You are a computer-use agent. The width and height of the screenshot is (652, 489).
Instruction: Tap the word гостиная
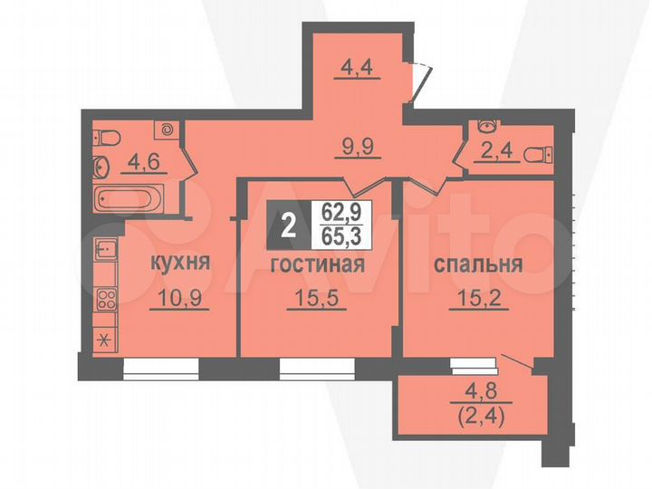(x=317, y=265)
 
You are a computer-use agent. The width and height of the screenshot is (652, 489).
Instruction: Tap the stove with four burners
(x=105, y=300)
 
